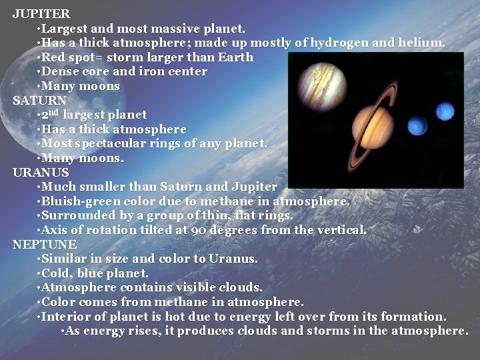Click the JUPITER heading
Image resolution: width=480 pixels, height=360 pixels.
41,13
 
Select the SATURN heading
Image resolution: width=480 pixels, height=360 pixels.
39,100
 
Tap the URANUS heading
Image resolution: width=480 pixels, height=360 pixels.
41,172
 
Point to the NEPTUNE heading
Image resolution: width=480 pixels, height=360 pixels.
45,245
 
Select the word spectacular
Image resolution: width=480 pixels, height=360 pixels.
106,144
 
